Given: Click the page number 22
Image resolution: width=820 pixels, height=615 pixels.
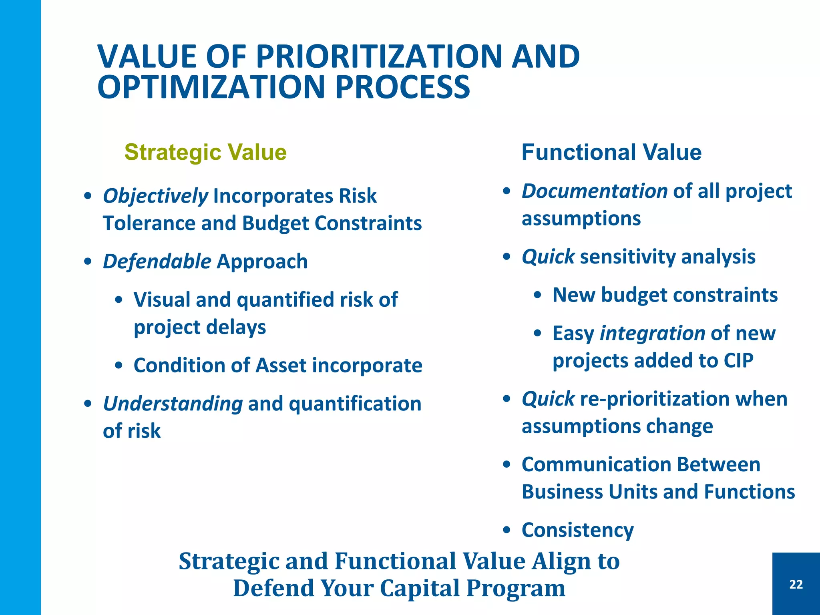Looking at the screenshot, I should click(x=796, y=585).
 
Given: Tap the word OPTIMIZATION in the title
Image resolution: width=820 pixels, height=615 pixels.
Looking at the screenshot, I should click(x=211, y=87).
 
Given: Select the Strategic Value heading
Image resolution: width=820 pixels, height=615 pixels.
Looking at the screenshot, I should click(x=205, y=153).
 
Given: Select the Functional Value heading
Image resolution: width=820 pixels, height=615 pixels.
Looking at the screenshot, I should click(x=611, y=153).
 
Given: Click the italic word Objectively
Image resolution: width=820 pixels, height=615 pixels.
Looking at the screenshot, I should click(x=155, y=196).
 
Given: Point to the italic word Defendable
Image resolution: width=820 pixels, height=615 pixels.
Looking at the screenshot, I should click(x=157, y=262).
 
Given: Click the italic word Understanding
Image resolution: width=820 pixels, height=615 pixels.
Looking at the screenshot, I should click(x=173, y=404).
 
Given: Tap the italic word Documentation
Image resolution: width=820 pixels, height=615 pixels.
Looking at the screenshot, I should click(x=595, y=191).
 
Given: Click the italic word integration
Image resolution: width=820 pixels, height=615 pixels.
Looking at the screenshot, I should click(x=652, y=334).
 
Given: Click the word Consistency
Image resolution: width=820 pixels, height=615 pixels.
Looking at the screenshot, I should click(x=577, y=531).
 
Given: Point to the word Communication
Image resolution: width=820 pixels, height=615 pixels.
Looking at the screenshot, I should click(x=596, y=465).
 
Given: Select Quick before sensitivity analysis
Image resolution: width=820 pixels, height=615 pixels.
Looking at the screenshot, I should click(x=548, y=257).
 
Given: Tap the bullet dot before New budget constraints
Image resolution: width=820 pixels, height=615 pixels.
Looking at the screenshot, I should click(x=538, y=295).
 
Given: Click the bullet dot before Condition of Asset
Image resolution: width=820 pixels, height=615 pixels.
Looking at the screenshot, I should click(x=119, y=366).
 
